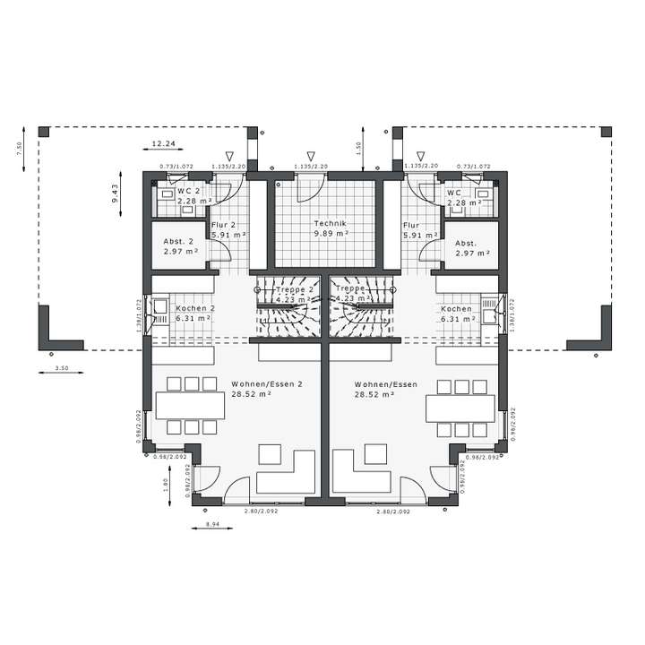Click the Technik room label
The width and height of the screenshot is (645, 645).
(x=329, y=223)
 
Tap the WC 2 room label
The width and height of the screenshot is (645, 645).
(x=188, y=192)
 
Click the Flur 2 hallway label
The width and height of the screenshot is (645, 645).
(x=223, y=226)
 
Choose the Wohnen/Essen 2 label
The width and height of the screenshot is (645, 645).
(x=267, y=383)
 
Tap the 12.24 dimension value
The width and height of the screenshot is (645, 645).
(x=163, y=143)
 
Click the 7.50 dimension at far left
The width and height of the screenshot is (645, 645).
(x=19, y=148)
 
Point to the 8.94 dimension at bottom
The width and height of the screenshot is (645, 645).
(x=212, y=524)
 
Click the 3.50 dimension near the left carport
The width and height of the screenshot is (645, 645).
(x=63, y=368)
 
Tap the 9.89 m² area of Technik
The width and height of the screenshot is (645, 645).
(x=329, y=233)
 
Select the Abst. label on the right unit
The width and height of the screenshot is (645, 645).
(x=465, y=243)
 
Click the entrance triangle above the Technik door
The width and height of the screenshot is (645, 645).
(x=310, y=156)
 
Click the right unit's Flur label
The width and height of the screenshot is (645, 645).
(x=411, y=226)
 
